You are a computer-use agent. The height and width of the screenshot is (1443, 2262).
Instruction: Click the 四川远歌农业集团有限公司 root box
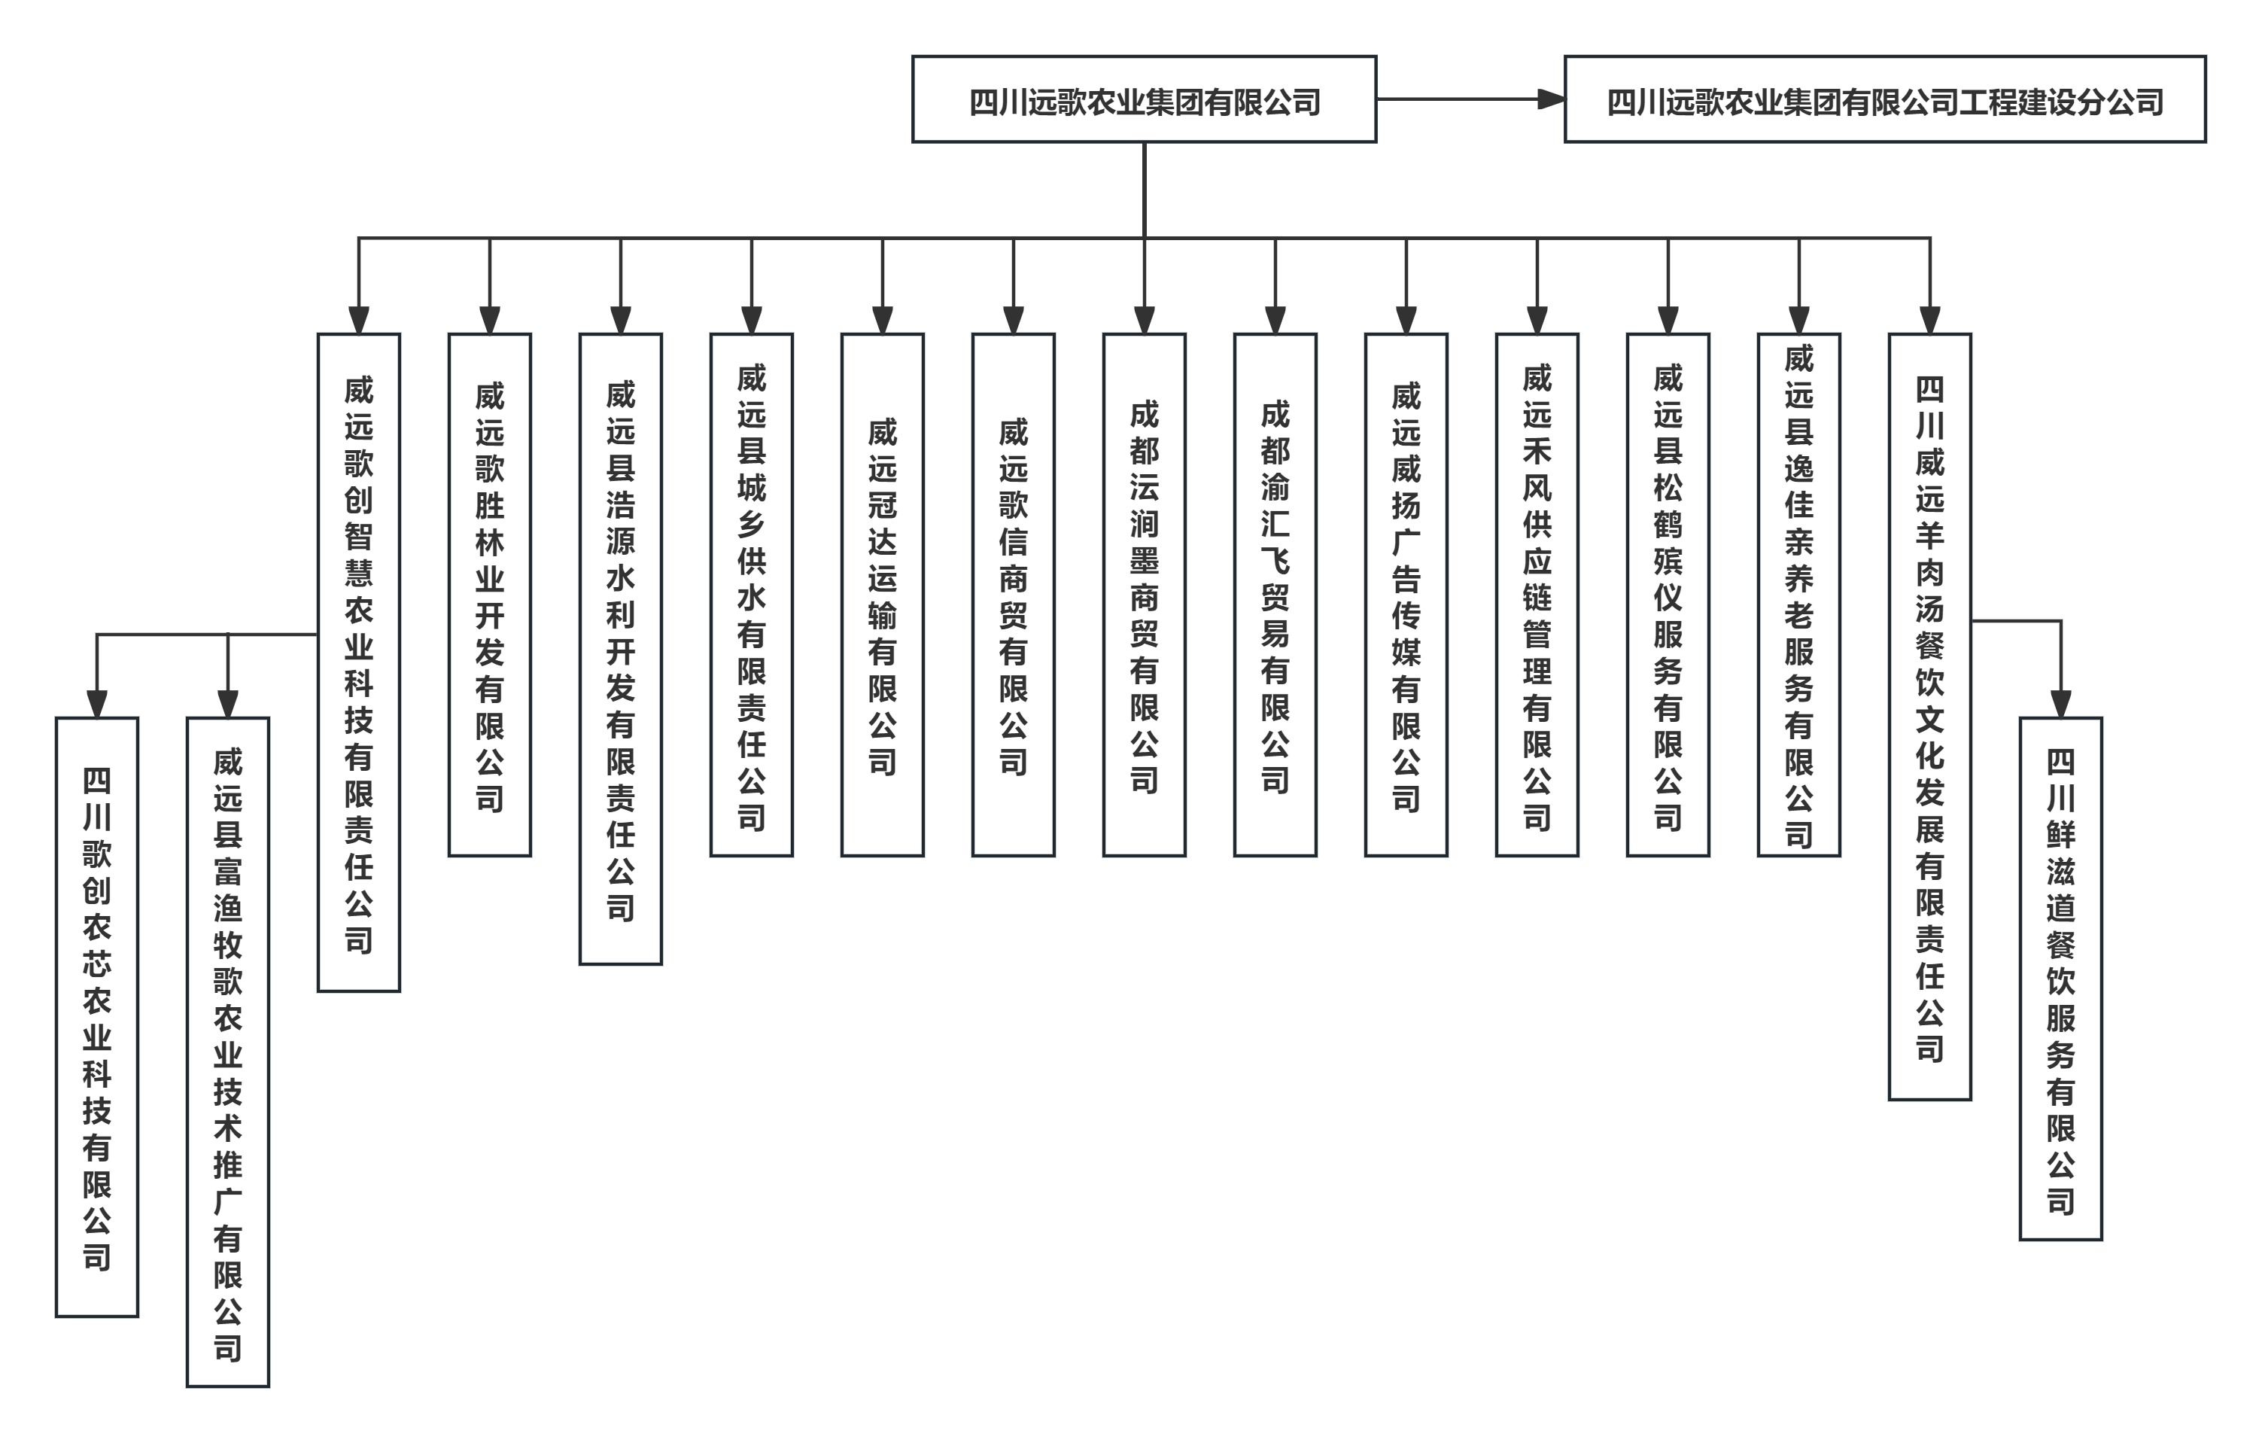(x=1143, y=99)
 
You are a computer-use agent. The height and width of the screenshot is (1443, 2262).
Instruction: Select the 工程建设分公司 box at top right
(x=1884, y=99)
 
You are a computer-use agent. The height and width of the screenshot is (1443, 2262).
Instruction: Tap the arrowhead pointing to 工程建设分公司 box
(x=1551, y=99)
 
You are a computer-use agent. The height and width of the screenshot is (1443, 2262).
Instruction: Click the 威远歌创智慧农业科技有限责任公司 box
(x=359, y=662)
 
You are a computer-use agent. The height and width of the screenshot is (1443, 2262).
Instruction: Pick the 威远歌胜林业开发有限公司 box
(x=489, y=595)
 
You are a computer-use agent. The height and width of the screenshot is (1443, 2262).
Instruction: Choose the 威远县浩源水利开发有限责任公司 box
(x=620, y=648)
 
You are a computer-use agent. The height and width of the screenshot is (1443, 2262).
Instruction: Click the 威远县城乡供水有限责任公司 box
(x=752, y=595)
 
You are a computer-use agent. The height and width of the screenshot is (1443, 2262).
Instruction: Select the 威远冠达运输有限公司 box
(x=882, y=595)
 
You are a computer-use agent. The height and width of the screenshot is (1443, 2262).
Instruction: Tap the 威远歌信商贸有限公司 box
(x=1013, y=595)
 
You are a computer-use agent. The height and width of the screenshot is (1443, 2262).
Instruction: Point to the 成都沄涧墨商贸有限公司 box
(x=1144, y=595)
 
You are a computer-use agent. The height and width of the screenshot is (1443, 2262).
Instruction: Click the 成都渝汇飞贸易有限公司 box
(x=1275, y=595)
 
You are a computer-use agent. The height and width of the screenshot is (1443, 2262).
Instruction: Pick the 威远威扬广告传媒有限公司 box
(x=1406, y=595)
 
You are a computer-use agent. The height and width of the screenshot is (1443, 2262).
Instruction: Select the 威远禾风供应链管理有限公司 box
(x=1537, y=595)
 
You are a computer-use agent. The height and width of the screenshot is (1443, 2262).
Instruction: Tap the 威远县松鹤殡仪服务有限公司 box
(x=1668, y=595)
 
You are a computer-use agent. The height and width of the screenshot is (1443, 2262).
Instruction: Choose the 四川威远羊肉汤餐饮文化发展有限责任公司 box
(x=1929, y=716)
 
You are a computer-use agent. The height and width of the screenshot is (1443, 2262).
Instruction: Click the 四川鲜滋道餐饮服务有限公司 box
(x=2061, y=978)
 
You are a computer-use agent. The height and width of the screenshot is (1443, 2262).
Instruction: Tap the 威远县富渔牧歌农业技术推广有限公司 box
(x=227, y=1052)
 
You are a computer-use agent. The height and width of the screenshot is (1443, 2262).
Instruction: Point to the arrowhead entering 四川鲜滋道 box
(x=2061, y=705)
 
